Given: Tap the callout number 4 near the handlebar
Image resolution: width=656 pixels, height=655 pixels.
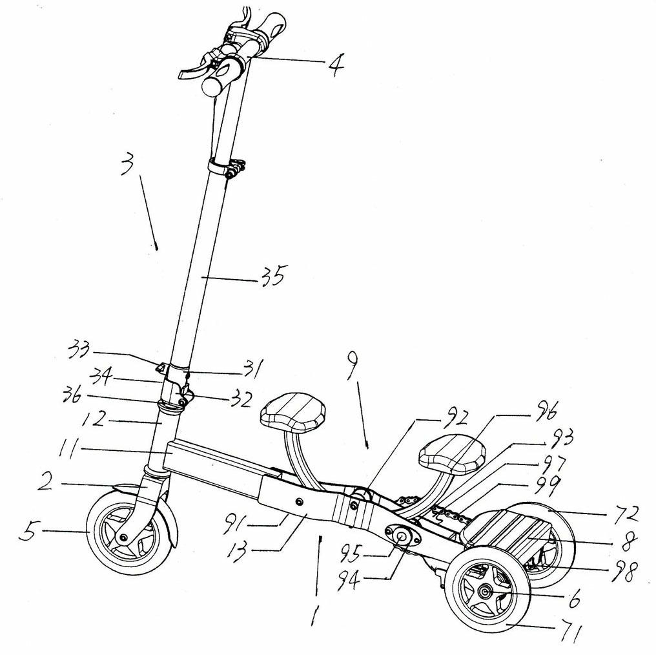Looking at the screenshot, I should (334, 64).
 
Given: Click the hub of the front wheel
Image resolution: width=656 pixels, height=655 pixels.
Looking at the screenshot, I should (123, 538).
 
